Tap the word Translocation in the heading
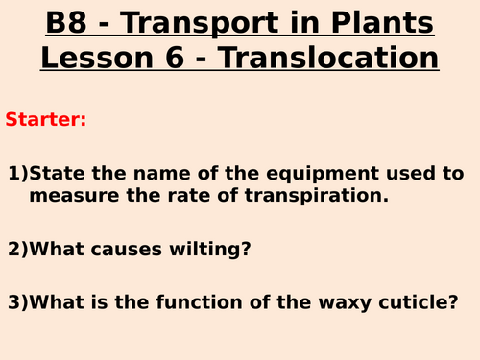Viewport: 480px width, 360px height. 331,58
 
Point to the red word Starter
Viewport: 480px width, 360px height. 45,120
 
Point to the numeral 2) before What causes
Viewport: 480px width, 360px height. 18,249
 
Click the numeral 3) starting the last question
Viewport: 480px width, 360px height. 18,301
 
